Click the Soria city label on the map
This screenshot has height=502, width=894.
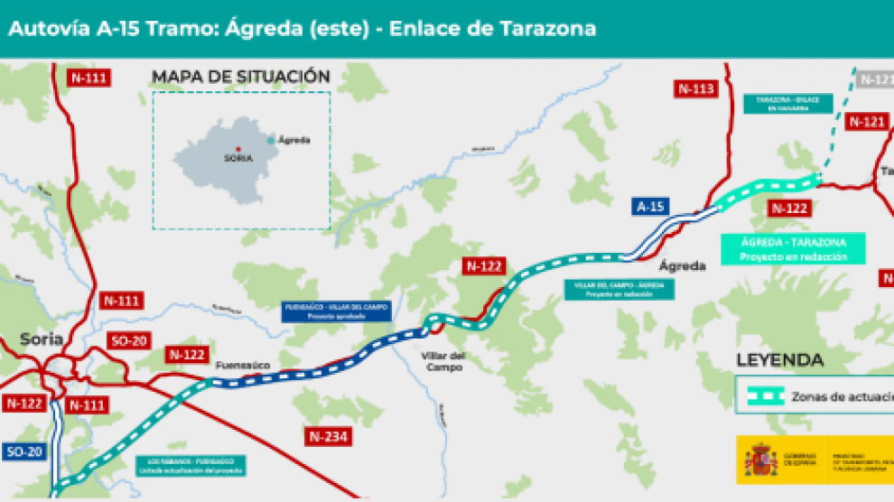42,339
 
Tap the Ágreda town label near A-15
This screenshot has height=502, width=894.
682,266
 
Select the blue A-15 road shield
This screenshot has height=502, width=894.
650,207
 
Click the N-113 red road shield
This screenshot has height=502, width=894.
695,88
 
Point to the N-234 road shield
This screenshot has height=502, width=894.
329,437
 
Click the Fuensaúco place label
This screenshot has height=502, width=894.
243,365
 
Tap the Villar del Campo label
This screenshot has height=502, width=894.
443,361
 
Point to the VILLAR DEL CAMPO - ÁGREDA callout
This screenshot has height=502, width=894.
619,289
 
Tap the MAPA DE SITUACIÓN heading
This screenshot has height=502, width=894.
241,77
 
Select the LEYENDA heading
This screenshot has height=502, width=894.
780,359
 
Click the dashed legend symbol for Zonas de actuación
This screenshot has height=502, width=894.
760,395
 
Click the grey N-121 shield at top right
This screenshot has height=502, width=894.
874,79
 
